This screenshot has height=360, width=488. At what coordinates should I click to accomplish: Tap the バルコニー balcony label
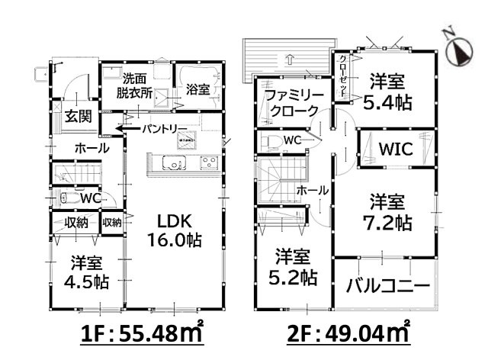[x=387, y=286]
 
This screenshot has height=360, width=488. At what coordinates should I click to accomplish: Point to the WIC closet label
[x=396, y=149]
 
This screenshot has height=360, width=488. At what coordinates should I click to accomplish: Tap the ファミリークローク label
[x=294, y=102]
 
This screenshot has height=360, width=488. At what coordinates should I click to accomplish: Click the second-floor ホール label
[x=312, y=190]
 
